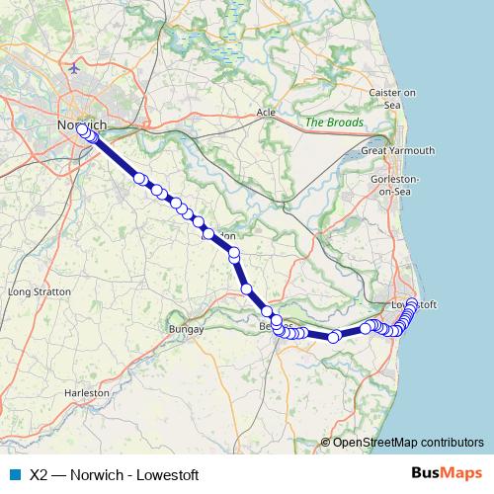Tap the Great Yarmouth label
click(397, 150)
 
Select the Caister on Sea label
click(391, 98)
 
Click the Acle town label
click(266, 113)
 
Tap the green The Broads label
click(334, 123)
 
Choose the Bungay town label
click(186, 328)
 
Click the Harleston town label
click(87, 392)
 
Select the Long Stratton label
click(40, 292)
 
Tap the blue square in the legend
click(15, 474)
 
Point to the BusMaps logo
click(447, 473)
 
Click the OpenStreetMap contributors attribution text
click(408, 443)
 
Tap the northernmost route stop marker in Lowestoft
click(413, 302)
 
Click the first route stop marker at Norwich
click(83, 129)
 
